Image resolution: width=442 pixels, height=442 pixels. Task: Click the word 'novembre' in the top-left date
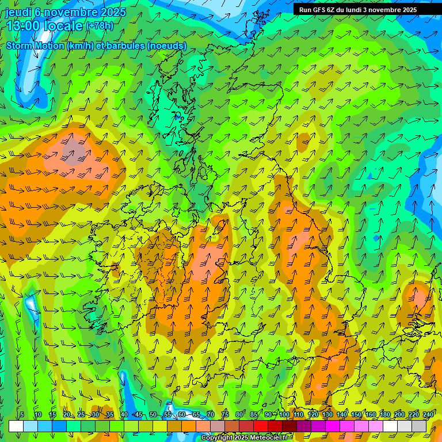pos(71,12)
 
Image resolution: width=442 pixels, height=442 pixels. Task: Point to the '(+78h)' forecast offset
pos(100,26)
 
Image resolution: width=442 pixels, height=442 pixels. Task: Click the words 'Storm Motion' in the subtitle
pos(35,45)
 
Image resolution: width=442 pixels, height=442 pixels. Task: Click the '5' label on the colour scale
pos(22,415)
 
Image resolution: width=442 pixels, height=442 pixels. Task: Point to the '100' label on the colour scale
pos(284,415)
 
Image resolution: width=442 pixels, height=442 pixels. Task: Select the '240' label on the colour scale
pos(428,415)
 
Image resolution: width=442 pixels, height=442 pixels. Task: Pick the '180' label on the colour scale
pos(384,415)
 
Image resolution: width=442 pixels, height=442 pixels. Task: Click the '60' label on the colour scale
pos(182,415)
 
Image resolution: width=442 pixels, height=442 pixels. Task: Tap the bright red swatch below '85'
pos(261,426)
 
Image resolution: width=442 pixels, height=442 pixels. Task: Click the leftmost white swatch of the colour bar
pos(16,426)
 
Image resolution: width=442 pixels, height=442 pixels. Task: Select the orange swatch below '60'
pos(189,426)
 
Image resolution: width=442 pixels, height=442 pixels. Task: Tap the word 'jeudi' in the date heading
pos(18,12)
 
